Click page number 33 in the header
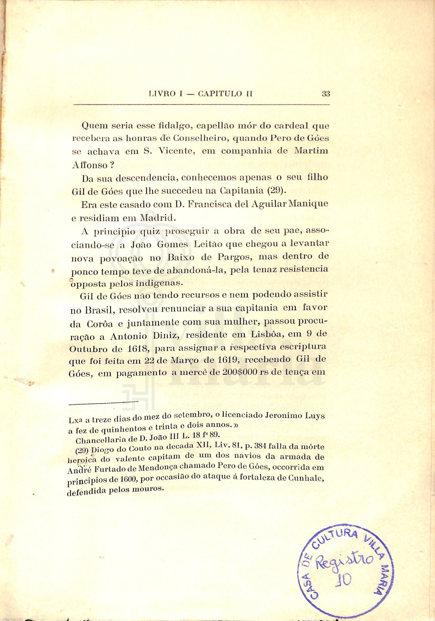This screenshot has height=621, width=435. [x=326, y=93]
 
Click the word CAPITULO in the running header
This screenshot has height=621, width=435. [x=220, y=93]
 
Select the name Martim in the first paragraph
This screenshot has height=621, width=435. [x=311, y=151]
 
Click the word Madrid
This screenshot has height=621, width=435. [x=157, y=218]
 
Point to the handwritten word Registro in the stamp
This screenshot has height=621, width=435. [x=345, y=560]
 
